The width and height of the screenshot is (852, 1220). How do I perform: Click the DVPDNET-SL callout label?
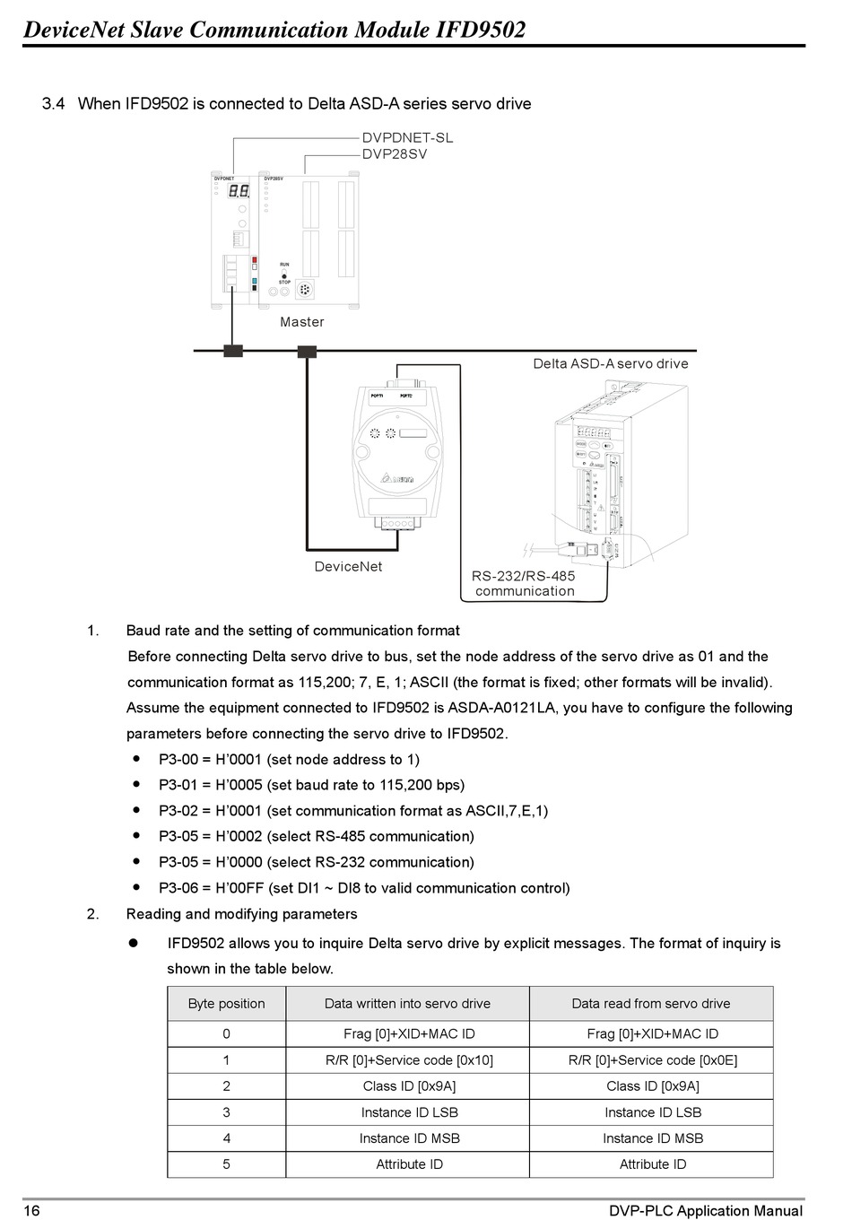pos(407,137)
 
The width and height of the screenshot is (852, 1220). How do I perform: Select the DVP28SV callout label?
pos(395,154)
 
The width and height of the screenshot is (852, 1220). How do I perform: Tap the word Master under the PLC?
pos(301,322)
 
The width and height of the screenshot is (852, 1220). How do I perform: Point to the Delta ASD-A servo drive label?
pos(611,363)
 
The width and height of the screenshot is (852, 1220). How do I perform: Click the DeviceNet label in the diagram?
pos(348,567)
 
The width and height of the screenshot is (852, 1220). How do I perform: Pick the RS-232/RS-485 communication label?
pos(525,583)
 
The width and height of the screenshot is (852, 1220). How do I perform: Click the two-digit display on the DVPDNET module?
pos(239,191)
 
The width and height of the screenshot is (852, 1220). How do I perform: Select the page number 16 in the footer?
pos(31,1211)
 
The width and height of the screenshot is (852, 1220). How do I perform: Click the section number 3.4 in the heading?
pos(54,104)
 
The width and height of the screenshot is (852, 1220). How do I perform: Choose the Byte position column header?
pos(227,1004)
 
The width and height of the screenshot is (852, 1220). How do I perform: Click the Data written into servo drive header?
pos(407,1004)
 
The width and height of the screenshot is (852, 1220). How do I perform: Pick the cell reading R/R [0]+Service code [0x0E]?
pos(652,1060)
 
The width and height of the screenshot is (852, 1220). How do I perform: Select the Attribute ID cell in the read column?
pos(652,1164)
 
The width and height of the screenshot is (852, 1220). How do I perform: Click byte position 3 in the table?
pos(227,1112)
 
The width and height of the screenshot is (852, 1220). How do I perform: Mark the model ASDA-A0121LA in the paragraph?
pos(501,709)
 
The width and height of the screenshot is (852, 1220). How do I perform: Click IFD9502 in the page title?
pos(481,30)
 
